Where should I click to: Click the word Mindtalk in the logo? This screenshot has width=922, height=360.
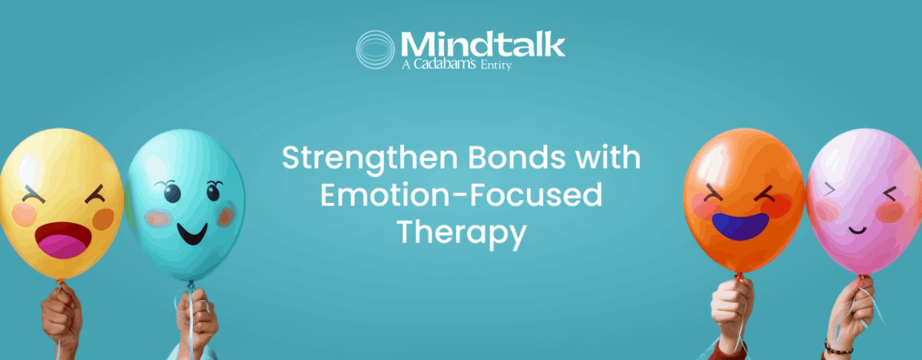[483, 44]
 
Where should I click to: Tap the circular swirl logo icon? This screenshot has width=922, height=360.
[375, 49]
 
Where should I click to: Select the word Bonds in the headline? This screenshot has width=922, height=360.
[517, 158]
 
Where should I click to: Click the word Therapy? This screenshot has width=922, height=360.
[461, 233]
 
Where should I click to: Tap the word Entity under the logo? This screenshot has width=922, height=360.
[496, 66]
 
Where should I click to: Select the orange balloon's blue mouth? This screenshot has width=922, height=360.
[740, 226]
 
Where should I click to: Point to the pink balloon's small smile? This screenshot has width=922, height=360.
[858, 229]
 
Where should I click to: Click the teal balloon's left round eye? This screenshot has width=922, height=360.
[173, 193]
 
